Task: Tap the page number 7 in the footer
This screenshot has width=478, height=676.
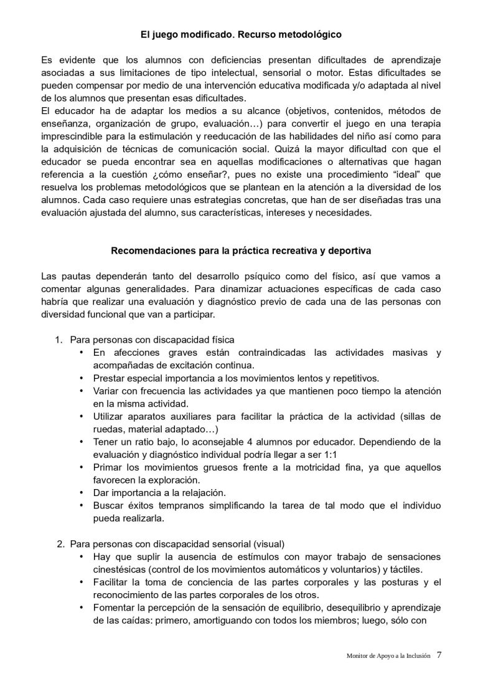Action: pyautogui.click(x=439, y=655)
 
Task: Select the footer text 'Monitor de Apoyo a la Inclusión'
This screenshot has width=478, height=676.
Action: pyautogui.click(x=388, y=655)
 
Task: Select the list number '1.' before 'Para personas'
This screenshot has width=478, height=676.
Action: pyautogui.click(x=59, y=340)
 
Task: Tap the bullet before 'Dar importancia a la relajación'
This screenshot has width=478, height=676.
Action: pyautogui.click(x=82, y=492)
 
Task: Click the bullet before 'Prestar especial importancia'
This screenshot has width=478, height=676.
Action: pyautogui.click(x=82, y=378)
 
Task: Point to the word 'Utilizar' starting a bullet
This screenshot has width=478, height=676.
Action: pyautogui.click(x=110, y=416)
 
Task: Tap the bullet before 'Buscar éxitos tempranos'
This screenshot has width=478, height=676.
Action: pyautogui.click(x=82, y=505)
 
